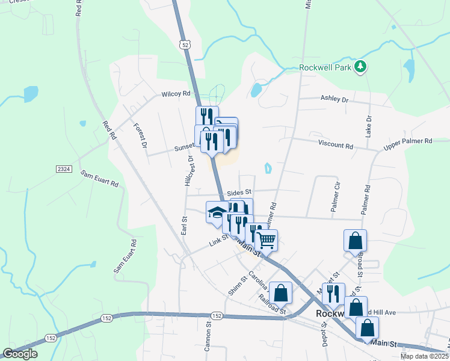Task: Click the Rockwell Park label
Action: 325,67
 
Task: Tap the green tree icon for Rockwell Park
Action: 360,66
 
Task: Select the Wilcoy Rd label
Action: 176,94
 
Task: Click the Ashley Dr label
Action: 334,99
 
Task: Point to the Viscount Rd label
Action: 336,146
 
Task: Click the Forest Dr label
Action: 140,136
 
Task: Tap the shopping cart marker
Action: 265,239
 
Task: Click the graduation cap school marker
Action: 217,212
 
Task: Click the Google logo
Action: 20,354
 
